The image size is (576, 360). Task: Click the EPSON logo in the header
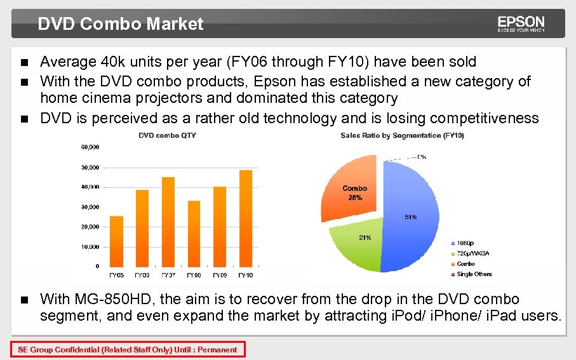pyautogui.click(x=521, y=23)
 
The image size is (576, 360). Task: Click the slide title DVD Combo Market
pyautogui.click(x=121, y=24)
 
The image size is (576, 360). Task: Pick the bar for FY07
pyautogui.click(x=168, y=222)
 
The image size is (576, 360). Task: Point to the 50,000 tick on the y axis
pyautogui.click(x=89, y=168)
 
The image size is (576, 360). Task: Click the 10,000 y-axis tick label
pyautogui.click(x=89, y=247)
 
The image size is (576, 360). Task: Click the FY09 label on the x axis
pyautogui.click(x=220, y=275)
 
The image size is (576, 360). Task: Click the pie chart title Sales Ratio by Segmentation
pyautogui.click(x=402, y=135)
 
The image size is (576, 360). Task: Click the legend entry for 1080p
pyautogui.click(x=465, y=243)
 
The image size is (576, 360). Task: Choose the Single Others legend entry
pyautogui.click(x=474, y=274)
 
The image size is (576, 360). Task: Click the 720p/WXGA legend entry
pyautogui.click(x=472, y=253)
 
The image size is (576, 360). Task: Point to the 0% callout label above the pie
pyautogui.click(x=422, y=156)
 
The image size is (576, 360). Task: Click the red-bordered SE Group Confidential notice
pyautogui.click(x=127, y=349)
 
